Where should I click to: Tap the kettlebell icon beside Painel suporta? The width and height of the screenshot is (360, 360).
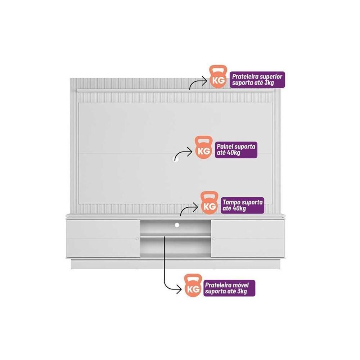tap(204, 147)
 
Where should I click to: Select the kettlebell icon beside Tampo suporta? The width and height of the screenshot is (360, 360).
tap(210, 203)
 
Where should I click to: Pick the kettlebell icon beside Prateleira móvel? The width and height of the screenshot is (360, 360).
tap(193, 285)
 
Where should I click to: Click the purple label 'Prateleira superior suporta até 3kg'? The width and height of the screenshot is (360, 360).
tap(257, 80)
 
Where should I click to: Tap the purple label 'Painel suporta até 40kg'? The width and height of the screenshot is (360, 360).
tap(236, 150)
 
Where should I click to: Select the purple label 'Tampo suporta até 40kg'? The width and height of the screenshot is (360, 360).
tap(242, 205)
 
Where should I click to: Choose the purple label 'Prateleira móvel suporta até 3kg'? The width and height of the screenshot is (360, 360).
tap(229, 288)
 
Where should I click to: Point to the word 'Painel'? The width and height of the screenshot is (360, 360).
tap(225, 146)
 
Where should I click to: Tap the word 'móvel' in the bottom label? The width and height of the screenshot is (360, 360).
tap(240, 285)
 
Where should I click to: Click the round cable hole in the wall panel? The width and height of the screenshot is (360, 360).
tap(175, 159)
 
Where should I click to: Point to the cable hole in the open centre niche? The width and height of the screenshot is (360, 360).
tap(177, 225)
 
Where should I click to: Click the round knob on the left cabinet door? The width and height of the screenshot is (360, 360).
tap(137, 239)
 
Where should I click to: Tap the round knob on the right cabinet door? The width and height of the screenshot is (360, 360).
tap(214, 239)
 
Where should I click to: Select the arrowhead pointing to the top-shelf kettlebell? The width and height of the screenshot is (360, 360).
tap(204, 80)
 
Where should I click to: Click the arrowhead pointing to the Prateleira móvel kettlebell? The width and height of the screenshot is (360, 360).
tap(179, 289)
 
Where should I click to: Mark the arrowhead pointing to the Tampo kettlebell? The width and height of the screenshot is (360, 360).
tap(195, 207)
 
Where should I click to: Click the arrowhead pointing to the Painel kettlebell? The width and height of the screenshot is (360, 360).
tap(190, 152)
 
